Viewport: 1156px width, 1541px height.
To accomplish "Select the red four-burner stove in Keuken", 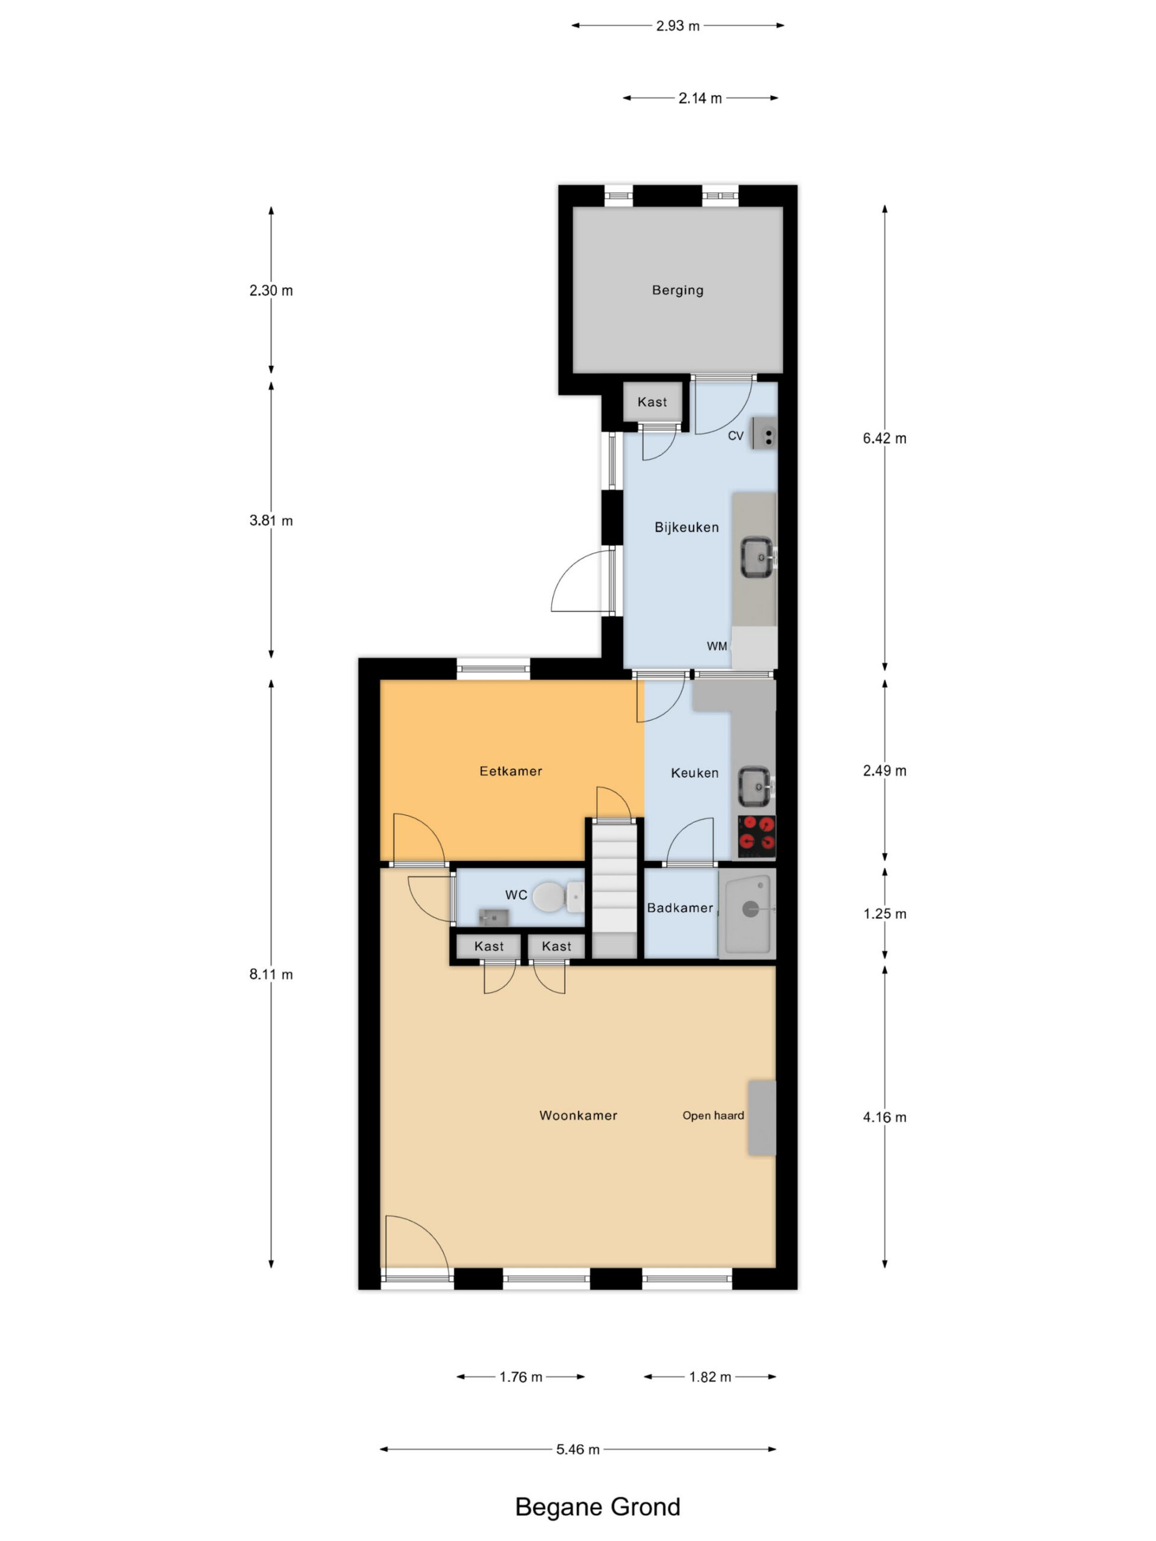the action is pos(757,836).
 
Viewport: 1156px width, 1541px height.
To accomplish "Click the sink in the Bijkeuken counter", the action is pos(757,557).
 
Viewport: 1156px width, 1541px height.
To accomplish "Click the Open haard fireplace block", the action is pos(762,1118).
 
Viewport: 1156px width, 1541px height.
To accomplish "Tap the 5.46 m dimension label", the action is pos(577,1450).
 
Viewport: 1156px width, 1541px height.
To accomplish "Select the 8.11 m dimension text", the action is pos(271,974).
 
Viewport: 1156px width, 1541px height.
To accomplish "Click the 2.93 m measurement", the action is pos(677,26).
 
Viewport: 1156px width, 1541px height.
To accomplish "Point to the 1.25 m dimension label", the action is pos(885,913).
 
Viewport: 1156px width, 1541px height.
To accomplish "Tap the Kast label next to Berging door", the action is pos(652,402).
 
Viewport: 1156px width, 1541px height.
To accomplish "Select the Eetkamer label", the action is pos(511,771).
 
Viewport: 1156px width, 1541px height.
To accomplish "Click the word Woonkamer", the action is pos(579,1115).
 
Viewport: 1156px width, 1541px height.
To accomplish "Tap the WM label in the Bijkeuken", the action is pos(717,646).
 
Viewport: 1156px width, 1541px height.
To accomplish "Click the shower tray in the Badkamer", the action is pos(748,913).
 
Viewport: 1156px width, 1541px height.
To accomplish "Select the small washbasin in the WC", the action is pos(493,917).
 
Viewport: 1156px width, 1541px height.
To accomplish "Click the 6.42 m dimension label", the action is pos(885,438).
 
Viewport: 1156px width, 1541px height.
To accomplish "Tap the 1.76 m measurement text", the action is pos(521,1377).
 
